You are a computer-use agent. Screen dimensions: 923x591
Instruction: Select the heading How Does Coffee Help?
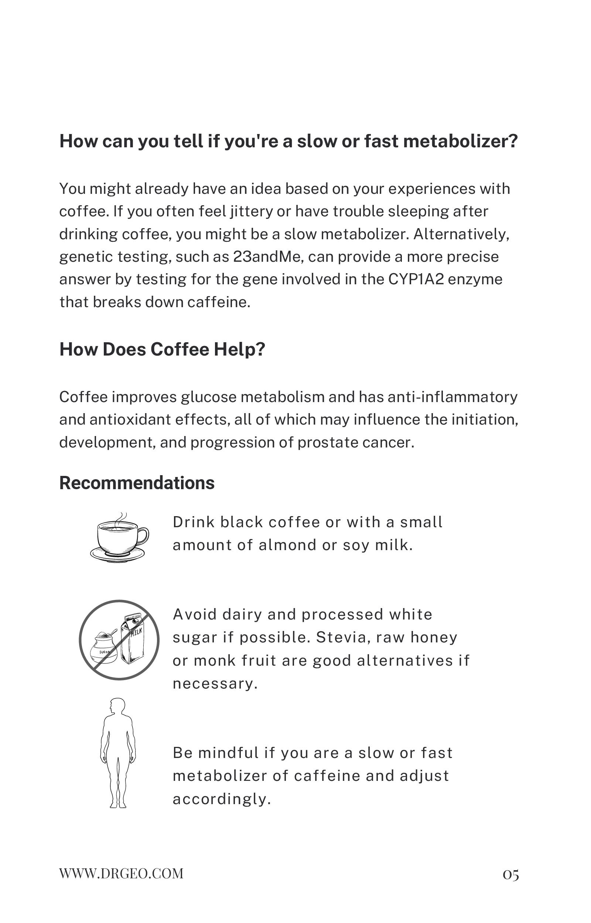[162, 349]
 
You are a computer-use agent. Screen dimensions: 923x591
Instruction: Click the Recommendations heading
[137, 483]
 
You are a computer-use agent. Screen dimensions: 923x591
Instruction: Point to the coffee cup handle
[144, 535]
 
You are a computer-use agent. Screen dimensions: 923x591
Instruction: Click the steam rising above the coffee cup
[121, 518]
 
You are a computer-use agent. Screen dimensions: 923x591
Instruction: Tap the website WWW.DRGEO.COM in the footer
[121, 874]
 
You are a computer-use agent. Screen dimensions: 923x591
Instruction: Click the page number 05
[511, 875]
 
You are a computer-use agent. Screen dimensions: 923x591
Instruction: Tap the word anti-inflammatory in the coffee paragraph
[452, 397]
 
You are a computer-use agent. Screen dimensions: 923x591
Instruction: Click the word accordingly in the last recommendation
[221, 799]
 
